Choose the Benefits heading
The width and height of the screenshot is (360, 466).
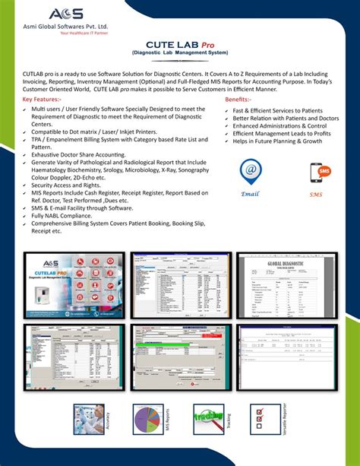pos(242,100)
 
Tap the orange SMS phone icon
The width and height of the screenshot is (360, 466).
pos(315,173)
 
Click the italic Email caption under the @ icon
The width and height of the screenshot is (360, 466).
pos(250,194)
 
